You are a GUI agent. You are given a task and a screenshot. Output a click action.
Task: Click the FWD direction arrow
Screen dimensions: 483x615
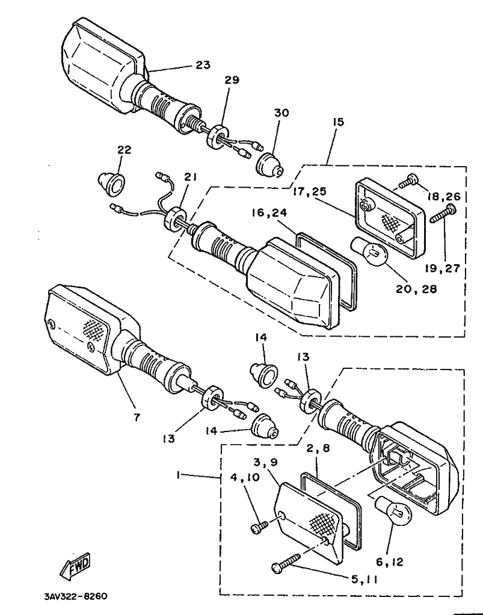[x=75, y=566]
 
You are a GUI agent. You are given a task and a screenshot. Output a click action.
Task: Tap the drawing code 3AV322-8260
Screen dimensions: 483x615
[x=76, y=596]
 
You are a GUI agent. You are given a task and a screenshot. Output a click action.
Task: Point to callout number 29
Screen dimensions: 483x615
[x=232, y=80]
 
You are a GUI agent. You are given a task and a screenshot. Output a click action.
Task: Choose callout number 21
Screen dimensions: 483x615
[x=191, y=177]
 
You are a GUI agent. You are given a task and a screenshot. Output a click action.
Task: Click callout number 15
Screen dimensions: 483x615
[x=337, y=122]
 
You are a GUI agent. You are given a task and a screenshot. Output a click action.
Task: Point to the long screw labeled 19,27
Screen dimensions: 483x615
[x=444, y=214]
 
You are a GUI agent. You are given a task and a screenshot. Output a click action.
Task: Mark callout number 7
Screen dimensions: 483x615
[x=136, y=418]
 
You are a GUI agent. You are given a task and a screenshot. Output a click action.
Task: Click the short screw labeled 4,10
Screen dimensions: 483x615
[x=259, y=527]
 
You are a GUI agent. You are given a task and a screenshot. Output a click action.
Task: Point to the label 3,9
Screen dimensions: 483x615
[x=265, y=462]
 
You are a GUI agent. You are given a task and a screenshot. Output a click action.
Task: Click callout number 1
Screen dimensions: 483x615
[x=179, y=475]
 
